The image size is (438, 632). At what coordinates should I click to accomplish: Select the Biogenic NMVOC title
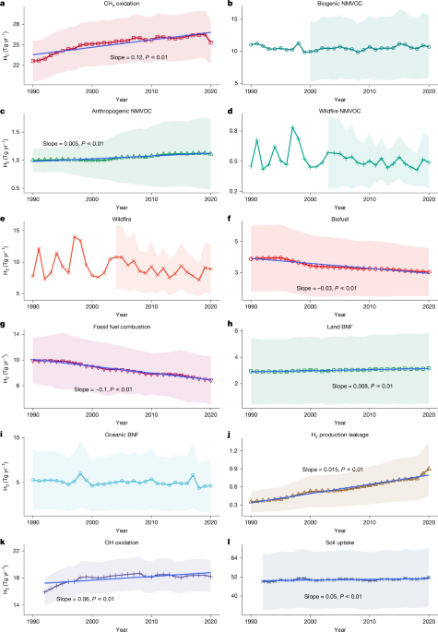(338, 6)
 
